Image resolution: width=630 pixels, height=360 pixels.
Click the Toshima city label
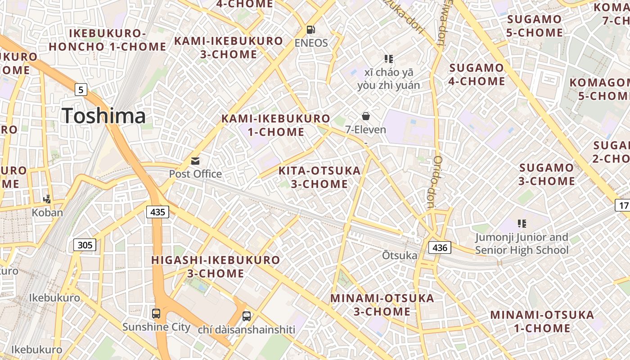[104, 116]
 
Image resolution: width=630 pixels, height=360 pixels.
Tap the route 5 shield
[81, 90]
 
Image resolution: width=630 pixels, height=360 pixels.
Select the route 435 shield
[157, 211]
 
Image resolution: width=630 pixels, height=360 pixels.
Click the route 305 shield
[85, 245]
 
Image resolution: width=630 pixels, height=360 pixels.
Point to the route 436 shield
[439, 247]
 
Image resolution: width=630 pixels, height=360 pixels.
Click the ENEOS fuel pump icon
[310, 30]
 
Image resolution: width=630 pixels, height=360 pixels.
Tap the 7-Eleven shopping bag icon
[366, 117]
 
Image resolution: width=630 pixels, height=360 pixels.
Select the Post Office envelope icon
[195, 161]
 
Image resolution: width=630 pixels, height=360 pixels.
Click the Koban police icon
[47, 199]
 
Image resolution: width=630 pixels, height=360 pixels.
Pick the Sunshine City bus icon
[156, 314]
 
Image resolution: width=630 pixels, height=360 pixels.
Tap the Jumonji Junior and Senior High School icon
[522, 223]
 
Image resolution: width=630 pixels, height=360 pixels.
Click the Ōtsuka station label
[400, 256]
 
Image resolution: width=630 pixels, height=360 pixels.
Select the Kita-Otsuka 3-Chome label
[319, 177]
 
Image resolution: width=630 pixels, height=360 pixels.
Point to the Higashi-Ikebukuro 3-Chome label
[216, 266]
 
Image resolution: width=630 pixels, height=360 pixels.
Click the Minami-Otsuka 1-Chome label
[542, 321]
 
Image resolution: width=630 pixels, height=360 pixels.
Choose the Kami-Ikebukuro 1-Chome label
[276, 125]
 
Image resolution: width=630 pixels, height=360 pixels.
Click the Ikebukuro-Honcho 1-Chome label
[108, 40]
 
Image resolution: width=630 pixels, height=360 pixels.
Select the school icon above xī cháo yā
[389, 58]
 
